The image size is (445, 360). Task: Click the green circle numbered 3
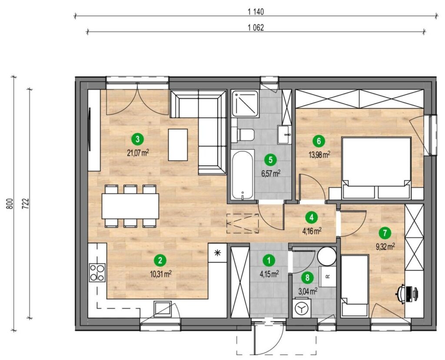[138, 140]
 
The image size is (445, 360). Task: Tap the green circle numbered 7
[385, 233]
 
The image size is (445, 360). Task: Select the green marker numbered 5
[270, 160]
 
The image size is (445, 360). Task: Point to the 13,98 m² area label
[319, 155]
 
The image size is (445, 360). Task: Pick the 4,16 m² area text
[312, 230]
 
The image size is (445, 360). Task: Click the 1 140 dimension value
[256, 12]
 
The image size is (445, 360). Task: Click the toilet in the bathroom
[243, 135]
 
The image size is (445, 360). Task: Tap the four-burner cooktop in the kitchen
[97, 272]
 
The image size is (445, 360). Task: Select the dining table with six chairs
[130, 206]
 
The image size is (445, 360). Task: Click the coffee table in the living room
[178, 145]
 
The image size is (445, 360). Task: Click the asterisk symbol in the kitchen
[218, 253]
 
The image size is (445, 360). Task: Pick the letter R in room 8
[327, 276]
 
